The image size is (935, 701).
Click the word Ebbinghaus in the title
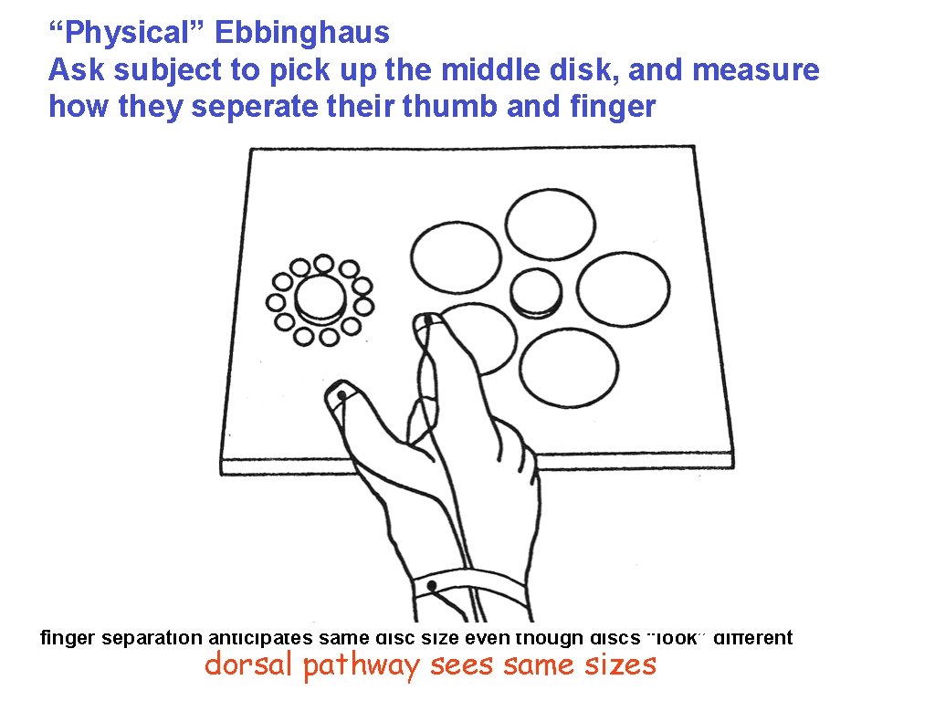click(x=302, y=34)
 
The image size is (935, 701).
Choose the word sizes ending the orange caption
click(x=619, y=664)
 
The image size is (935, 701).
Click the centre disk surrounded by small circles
click(x=320, y=298)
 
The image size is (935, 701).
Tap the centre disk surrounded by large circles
click(x=536, y=293)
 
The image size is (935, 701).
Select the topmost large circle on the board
click(x=551, y=225)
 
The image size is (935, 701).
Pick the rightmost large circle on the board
click(x=624, y=290)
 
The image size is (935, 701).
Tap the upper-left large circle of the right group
click(x=456, y=256)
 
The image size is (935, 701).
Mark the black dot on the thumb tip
click(x=341, y=394)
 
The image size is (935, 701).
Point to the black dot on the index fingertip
click(x=427, y=320)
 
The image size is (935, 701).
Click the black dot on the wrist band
click(x=431, y=585)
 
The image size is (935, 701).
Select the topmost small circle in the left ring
click(x=323, y=264)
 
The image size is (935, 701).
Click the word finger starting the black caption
click(x=68, y=638)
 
